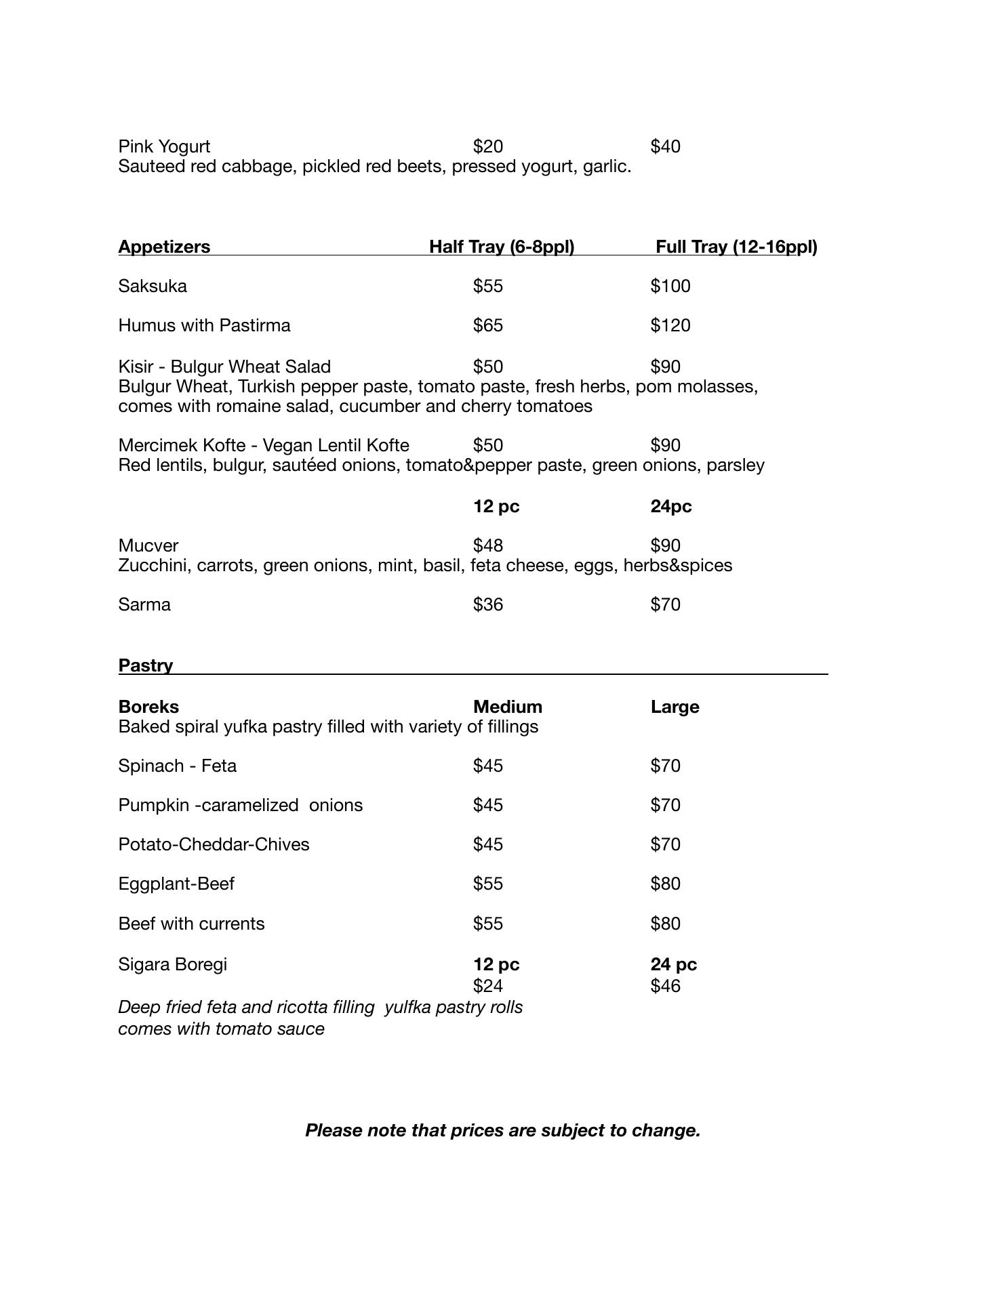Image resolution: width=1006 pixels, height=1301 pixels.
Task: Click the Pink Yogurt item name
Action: pos(164,146)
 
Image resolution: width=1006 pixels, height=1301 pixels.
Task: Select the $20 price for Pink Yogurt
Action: pos(488,146)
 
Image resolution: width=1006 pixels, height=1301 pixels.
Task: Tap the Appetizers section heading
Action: pos(164,247)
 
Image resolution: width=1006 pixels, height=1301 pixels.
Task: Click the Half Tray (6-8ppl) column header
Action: pos(502,247)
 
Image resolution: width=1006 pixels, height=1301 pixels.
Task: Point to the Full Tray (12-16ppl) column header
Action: pos(736,247)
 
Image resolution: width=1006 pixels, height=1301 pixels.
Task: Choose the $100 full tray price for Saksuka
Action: pos(670,286)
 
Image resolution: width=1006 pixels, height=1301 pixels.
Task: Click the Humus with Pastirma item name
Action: pos(204,325)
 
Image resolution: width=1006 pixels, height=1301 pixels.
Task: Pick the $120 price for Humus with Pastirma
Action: pos(670,325)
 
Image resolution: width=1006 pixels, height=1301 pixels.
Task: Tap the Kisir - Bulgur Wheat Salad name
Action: pos(224,367)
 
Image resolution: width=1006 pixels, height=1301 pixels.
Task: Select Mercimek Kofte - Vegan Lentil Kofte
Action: pos(264,445)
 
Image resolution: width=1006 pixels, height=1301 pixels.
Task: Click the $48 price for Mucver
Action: pos(488,545)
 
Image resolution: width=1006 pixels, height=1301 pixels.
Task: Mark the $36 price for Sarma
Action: pos(488,604)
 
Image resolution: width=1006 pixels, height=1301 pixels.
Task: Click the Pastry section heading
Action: pos(146,665)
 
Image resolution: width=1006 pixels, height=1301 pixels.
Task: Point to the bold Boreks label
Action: pos(148,707)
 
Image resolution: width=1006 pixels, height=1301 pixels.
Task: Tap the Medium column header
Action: pos(508,707)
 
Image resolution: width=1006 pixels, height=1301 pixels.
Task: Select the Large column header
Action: pos(675,707)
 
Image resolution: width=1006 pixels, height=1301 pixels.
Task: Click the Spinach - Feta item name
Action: pos(178,766)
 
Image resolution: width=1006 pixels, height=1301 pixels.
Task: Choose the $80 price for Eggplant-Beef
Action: pos(665,884)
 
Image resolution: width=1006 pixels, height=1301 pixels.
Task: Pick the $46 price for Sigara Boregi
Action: pos(665,986)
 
